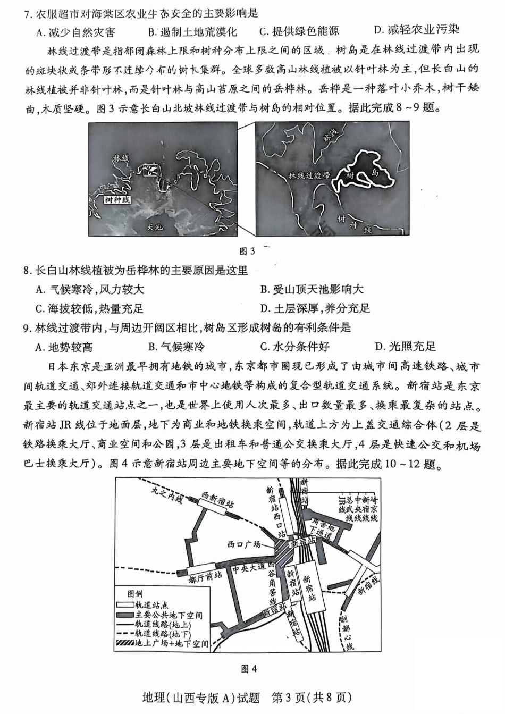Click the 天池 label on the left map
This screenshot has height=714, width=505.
point(155,226)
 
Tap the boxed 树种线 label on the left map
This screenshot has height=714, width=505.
point(117,200)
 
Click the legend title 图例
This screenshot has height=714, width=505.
point(134,593)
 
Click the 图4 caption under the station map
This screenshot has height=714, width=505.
point(249,669)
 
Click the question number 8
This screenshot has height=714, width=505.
point(27,271)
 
